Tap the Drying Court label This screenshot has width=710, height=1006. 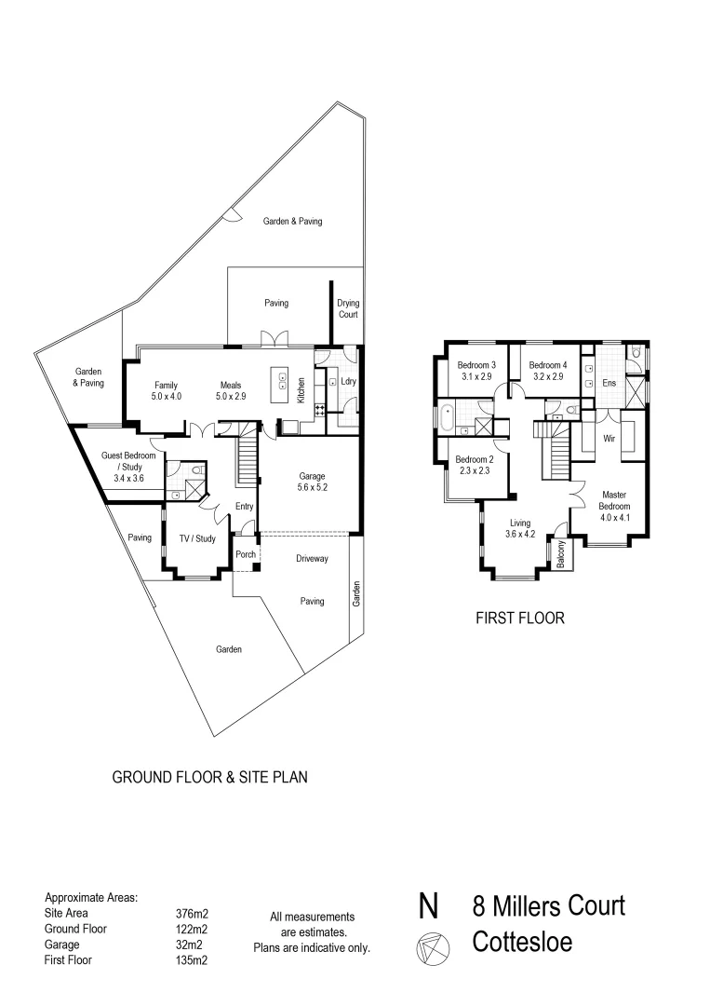348,309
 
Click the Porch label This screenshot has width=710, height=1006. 245,554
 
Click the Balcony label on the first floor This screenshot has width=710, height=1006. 561,555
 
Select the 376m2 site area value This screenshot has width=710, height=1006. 191,914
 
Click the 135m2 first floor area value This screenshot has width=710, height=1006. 191,958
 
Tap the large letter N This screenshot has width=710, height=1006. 429,908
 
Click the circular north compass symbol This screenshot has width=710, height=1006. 429,948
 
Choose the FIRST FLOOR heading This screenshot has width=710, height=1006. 520,618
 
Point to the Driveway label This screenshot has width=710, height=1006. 312,559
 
